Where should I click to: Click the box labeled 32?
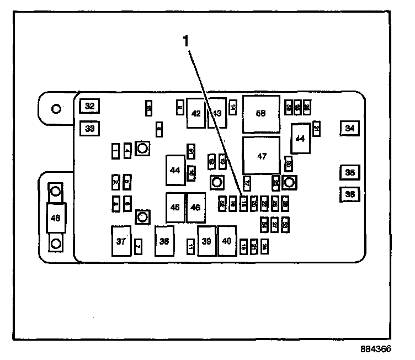(89, 106)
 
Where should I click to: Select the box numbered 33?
(89, 129)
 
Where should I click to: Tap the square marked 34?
(349, 128)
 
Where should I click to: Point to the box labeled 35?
(349, 173)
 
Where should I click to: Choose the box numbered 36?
(349, 194)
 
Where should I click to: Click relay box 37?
(121, 241)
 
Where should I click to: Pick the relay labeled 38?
(164, 241)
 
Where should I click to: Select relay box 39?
(207, 241)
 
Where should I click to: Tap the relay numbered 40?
(227, 241)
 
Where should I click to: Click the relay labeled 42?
(196, 113)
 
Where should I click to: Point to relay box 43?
(217, 113)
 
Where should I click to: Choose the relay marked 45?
(175, 208)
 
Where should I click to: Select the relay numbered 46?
(196, 208)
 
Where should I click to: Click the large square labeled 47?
(262, 156)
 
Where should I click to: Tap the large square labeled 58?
(261, 114)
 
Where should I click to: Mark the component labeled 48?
(55, 218)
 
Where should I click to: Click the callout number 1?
(186, 40)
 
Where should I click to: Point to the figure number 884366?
(377, 349)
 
